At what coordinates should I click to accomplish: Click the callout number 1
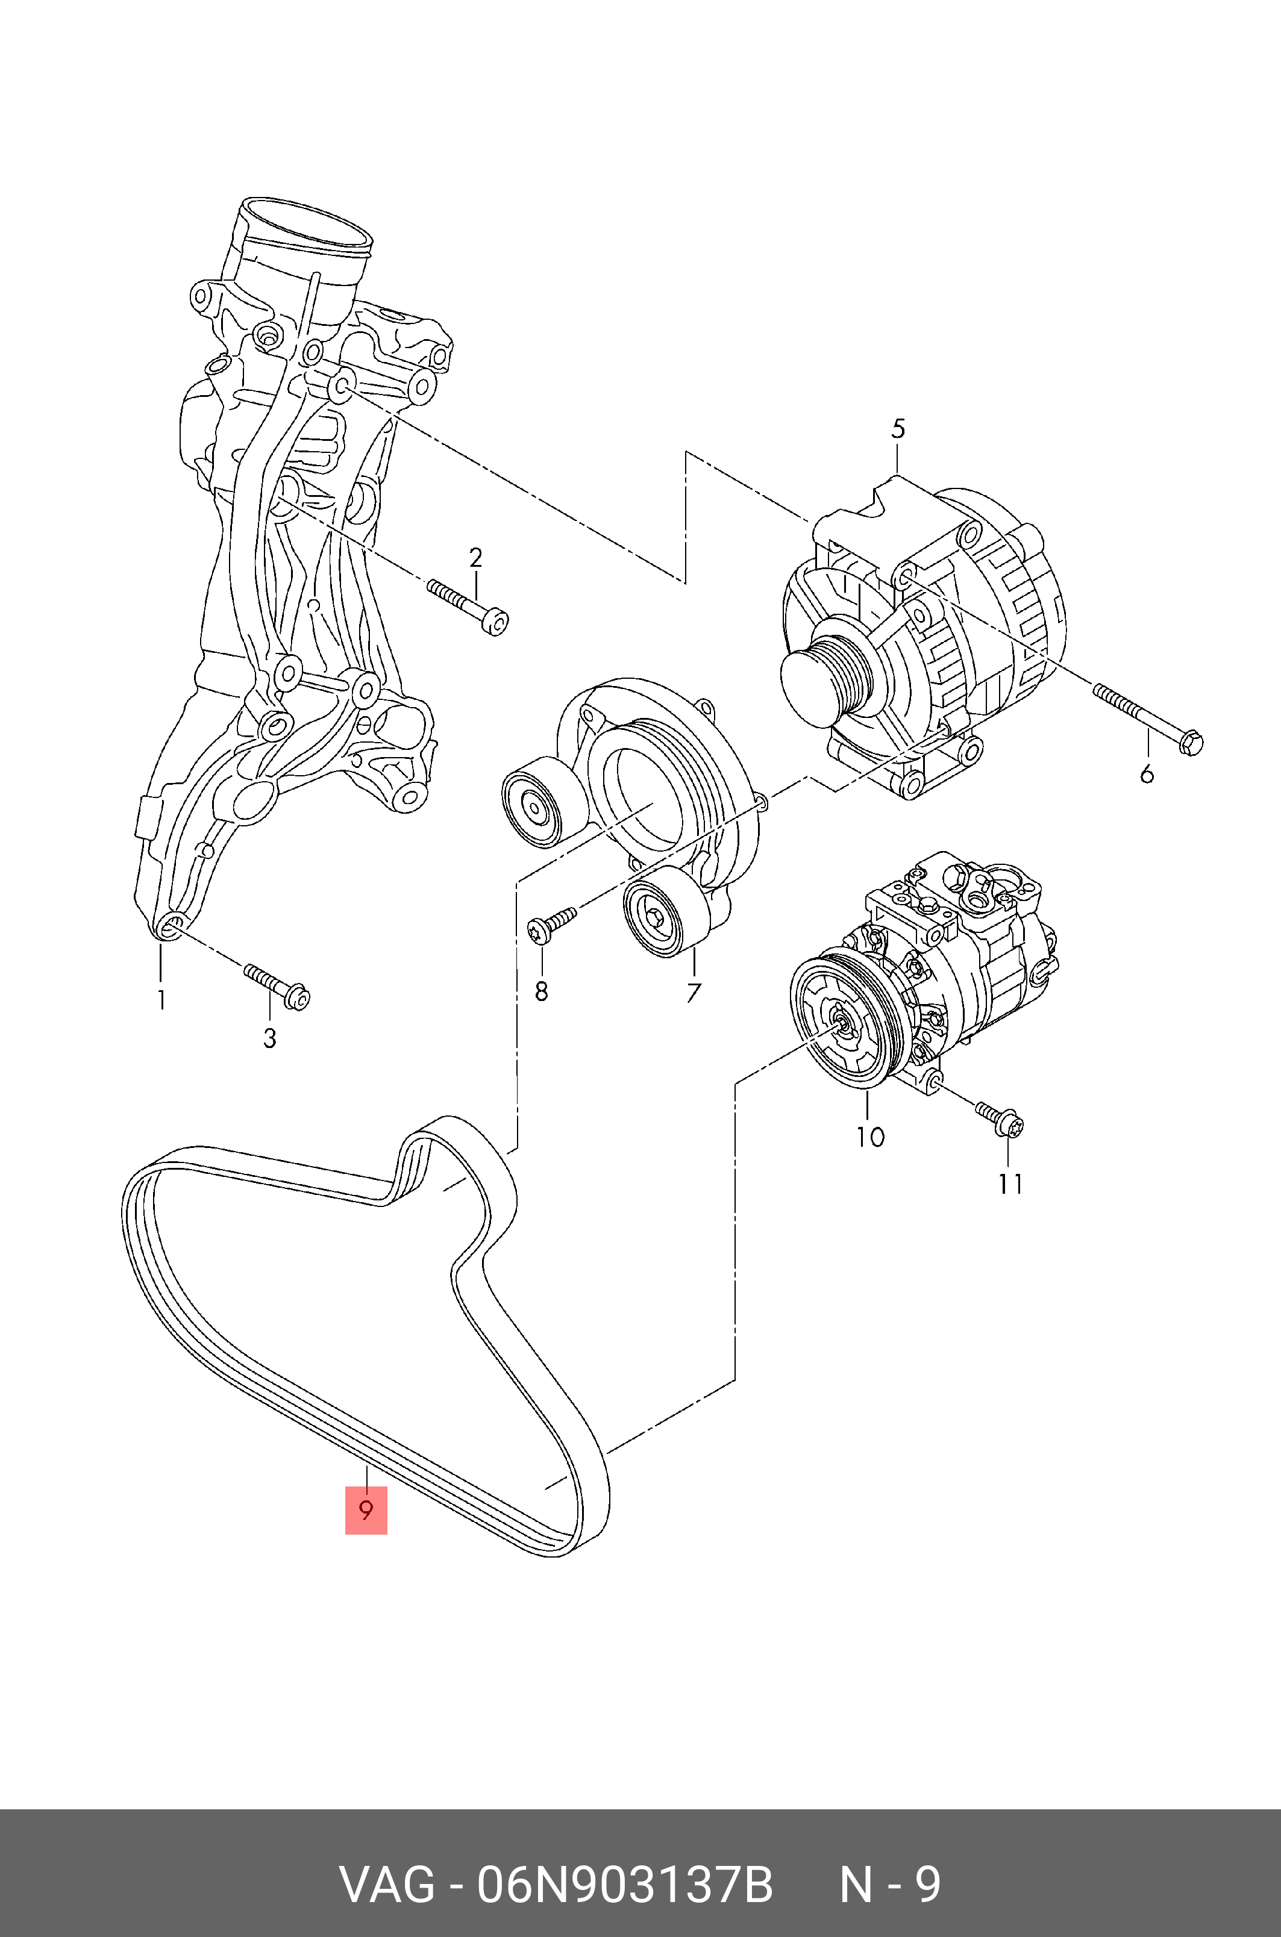(161, 1000)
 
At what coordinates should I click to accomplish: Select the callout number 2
(475, 558)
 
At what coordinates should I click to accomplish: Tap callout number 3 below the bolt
(269, 1039)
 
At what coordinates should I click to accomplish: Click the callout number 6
(1147, 773)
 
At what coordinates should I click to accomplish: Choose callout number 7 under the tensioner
(693, 993)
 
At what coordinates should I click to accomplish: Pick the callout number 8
(541, 991)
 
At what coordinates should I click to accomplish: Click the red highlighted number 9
(366, 1510)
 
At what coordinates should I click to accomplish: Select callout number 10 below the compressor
(871, 1137)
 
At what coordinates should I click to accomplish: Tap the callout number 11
(1010, 1184)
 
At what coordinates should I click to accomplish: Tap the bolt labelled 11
(999, 1117)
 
